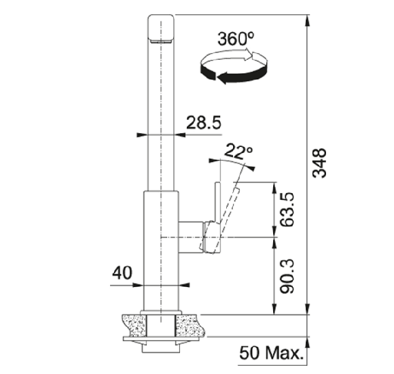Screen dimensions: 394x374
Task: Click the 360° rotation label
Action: [x=236, y=39]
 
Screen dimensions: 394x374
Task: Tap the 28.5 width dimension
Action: [x=204, y=122]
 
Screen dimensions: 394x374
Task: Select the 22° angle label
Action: [x=238, y=152]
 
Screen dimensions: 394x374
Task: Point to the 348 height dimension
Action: [x=319, y=163]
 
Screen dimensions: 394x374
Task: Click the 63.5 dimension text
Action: [x=287, y=209]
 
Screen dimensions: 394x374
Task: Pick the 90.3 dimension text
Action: [x=287, y=276]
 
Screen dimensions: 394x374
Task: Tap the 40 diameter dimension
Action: [x=122, y=273]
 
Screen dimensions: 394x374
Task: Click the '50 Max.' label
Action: [x=271, y=353]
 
